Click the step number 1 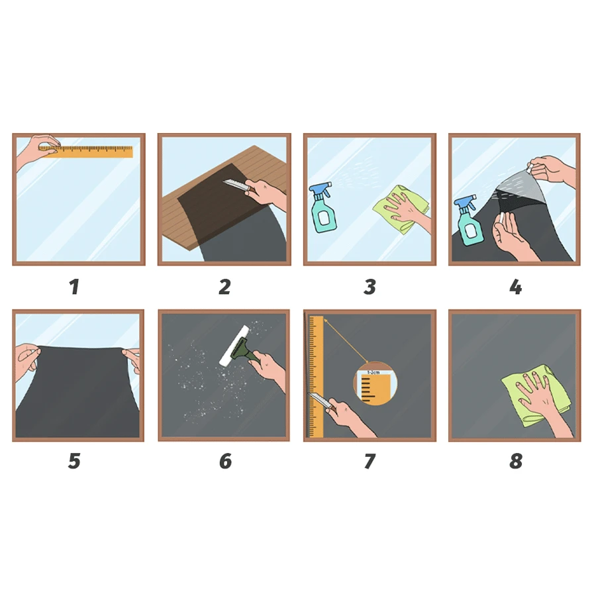74,287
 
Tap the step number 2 224,287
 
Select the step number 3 370,287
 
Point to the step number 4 515,287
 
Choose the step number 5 74,461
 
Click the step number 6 225,461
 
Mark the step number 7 370,461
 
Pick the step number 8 516,461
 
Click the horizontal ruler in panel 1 86,151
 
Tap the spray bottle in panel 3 323,209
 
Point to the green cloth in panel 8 536,395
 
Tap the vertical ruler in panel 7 317,376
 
